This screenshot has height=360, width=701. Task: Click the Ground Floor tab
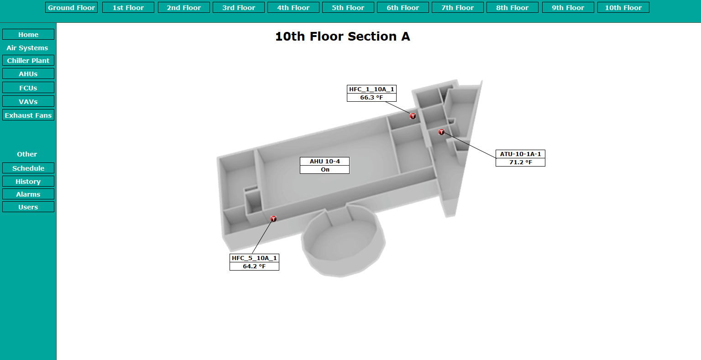tap(71, 7)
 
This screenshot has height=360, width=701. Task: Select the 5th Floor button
tap(348, 7)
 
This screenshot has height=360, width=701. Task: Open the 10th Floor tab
tap(623, 7)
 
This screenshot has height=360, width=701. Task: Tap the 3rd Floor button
tap(239, 7)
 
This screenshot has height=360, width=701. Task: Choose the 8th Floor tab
tap(513, 7)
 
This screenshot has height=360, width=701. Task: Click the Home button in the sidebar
tap(28, 34)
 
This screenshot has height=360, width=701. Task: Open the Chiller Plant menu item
tap(28, 60)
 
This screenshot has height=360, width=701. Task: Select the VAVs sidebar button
tap(28, 101)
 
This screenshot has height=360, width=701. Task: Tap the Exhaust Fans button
tap(28, 115)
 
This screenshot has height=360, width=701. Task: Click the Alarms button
tap(28, 194)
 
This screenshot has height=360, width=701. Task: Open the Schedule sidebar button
tap(28, 168)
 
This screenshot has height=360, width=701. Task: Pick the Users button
tap(28, 207)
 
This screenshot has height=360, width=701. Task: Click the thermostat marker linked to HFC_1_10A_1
tap(413, 116)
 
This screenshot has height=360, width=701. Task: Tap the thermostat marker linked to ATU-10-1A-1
tap(441, 132)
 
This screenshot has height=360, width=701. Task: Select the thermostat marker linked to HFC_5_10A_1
tap(273, 219)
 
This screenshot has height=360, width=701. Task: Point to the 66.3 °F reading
tap(371, 98)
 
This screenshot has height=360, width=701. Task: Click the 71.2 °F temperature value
tap(520, 162)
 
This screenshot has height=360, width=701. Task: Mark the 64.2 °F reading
tap(254, 266)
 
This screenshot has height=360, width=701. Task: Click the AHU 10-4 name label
tap(324, 162)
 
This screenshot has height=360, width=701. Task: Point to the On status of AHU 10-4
tap(324, 170)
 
